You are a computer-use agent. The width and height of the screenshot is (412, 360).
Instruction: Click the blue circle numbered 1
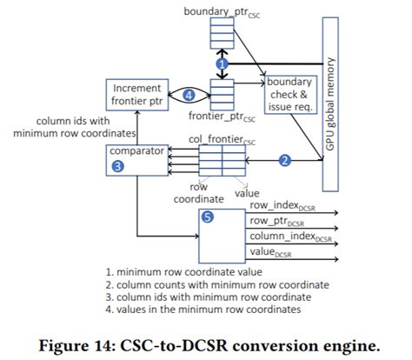[223, 64]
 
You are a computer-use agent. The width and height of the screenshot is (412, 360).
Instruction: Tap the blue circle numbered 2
[285, 160]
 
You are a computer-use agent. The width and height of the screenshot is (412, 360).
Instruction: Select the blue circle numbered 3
[118, 166]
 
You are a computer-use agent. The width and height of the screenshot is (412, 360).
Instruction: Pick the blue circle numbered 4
[189, 95]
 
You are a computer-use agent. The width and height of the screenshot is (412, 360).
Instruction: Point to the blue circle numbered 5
[208, 217]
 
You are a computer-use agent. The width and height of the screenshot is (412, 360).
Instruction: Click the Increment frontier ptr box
[137, 95]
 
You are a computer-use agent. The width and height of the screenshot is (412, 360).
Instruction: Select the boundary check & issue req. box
[290, 95]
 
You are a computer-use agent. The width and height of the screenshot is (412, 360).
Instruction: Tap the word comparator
[136, 151]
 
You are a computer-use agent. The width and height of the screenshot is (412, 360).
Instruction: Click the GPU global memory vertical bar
[330, 104]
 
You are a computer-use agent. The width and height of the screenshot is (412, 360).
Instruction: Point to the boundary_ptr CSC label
[222, 12]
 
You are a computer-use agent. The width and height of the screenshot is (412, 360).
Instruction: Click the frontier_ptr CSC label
[222, 117]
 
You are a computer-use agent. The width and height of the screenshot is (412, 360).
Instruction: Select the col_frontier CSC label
[222, 140]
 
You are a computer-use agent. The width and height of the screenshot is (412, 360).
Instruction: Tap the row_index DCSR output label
[282, 206]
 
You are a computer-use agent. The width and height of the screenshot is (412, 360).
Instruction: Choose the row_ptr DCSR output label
[277, 222]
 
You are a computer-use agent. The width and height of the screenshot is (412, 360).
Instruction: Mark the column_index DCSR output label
[290, 237]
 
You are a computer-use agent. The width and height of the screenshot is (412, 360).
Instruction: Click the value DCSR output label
[270, 252]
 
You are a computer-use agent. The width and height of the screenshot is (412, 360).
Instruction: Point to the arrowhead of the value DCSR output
[336, 259]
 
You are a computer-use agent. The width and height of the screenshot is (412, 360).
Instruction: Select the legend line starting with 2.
[217, 285]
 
